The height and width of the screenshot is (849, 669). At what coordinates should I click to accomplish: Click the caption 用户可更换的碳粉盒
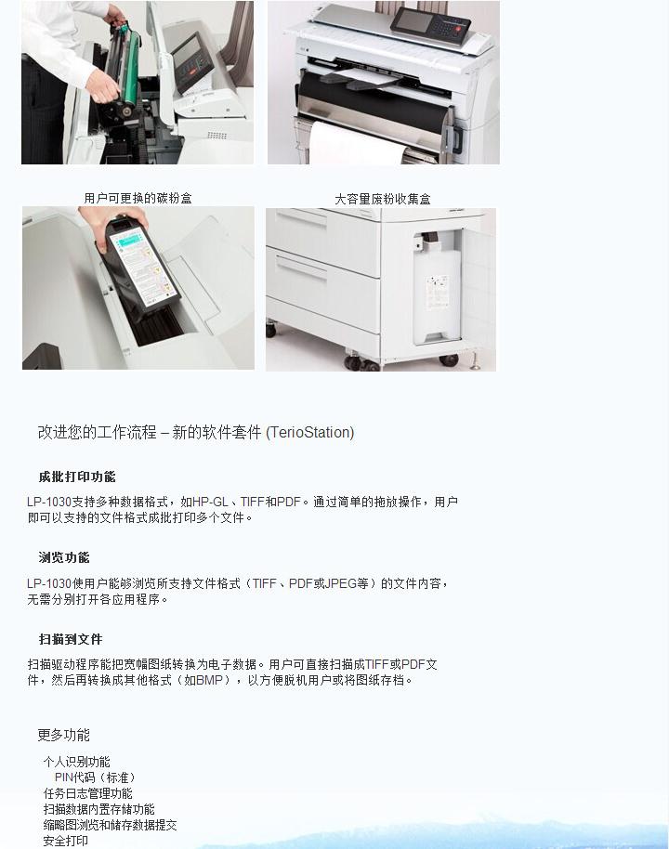(x=138, y=198)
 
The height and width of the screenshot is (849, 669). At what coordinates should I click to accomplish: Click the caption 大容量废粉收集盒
(x=382, y=199)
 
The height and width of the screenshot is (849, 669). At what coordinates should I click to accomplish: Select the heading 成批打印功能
(x=77, y=477)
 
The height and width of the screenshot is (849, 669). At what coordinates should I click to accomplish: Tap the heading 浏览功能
(x=64, y=557)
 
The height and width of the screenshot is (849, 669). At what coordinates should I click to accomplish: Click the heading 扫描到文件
(x=71, y=639)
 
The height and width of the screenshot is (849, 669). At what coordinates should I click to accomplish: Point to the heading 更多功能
(x=63, y=735)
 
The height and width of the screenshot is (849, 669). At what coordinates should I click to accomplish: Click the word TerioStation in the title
(x=309, y=432)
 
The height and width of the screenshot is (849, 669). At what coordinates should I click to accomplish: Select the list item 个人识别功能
(x=76, y=762)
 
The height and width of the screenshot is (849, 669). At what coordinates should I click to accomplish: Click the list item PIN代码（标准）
(x=95, y=777)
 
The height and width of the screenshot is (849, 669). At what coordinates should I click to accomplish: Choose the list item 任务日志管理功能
(x=87, y=793)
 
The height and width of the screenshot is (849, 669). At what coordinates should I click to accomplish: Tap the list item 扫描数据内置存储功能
(x=98, y=809)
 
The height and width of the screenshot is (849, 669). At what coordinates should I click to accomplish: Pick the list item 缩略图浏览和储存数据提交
(x=110, y=825)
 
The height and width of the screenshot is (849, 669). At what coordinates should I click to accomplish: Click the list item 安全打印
(x=65, y=841)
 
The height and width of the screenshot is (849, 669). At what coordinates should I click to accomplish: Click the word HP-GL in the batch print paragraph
(x=210, y=502)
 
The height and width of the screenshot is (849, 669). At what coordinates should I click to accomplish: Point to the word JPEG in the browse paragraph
(x=340, y=583)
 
